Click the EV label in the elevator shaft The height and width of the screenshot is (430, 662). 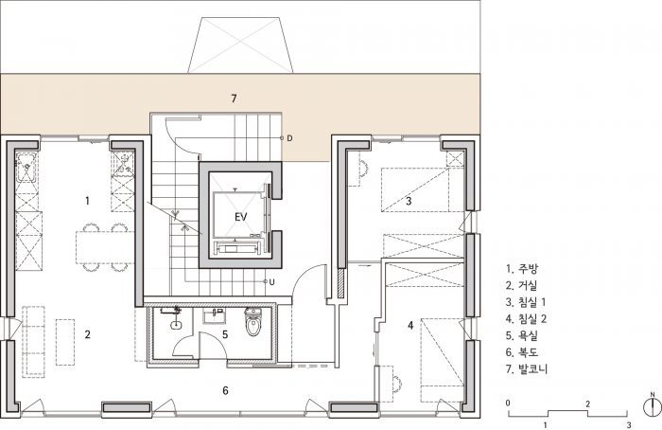click(240, 217)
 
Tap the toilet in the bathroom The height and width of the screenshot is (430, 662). click(253, 321)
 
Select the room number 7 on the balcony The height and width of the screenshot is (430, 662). click(234, 99)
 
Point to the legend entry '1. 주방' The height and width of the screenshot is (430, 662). click(522, 269)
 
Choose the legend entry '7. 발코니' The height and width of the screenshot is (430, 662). click(527, 368)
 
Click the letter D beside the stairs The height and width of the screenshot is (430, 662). click(289, 138)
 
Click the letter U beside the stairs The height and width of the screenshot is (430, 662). click(271, 281)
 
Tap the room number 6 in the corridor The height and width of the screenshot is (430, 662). click(225, 390)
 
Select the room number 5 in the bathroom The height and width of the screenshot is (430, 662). click(225, 334)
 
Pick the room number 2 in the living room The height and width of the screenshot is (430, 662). click(87, 334)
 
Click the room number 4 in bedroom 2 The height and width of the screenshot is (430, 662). click(410, 325)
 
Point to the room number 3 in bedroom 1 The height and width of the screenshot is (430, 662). click(409, 201)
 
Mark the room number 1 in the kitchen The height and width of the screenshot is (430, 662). click(87, 201)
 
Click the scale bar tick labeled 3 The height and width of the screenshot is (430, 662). click(629, 424)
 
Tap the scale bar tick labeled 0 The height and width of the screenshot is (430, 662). click(508, 403)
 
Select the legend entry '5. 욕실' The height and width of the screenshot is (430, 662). click(522, 335)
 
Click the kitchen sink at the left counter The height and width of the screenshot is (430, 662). click(26, 168)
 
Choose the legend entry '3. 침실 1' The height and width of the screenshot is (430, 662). click(526, 302)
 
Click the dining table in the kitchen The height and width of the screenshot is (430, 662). click(105, 247)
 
